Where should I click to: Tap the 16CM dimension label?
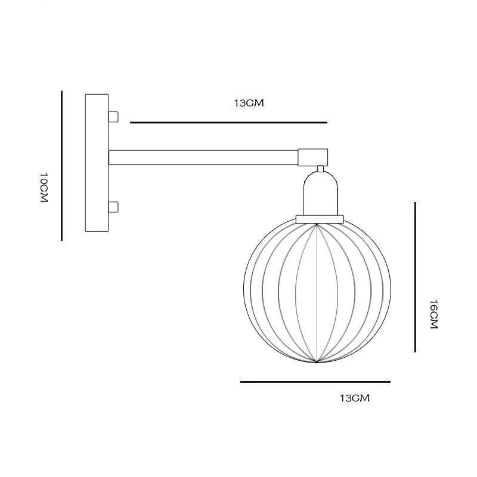point(433,315)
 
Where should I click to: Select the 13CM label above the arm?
point(249,103)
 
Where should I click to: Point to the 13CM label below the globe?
point(355,398)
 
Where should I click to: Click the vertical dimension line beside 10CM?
point(61,166)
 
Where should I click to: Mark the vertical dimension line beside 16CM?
point(415,277)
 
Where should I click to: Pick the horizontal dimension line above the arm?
point(228,123)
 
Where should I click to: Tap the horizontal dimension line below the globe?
point(315,382)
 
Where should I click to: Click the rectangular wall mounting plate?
point(97,163)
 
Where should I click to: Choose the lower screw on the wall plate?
point(113,207)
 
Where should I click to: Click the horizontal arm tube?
point(203,157)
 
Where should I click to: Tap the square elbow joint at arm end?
point(312,157)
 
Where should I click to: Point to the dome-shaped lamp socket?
point(320,194)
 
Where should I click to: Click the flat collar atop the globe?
point(320,219)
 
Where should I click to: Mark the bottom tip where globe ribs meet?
point(317,362)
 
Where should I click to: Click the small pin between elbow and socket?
point(321,168)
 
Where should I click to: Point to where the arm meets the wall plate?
point(109,157)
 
